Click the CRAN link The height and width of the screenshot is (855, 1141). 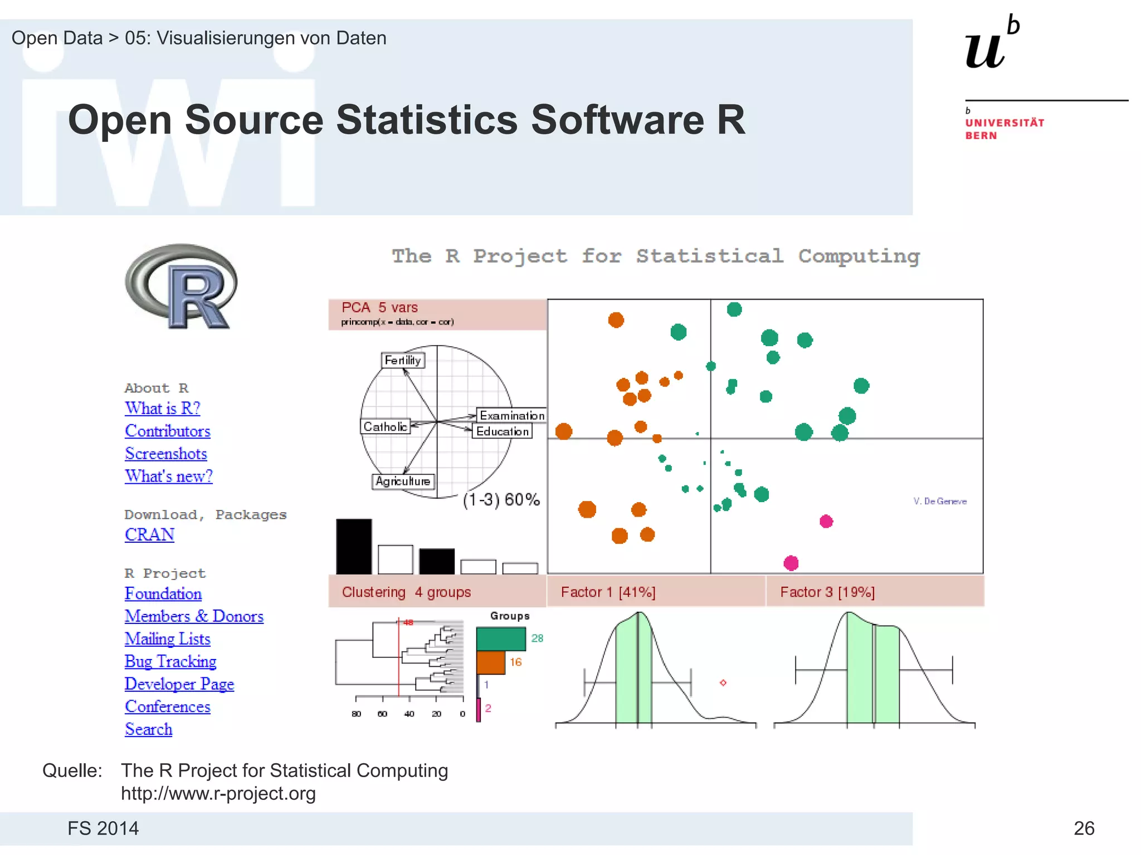click(149, 535)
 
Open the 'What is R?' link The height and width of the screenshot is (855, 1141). click(162, 409)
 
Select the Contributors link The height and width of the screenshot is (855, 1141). click(167, 431)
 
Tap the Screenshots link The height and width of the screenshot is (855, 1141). click(165, 454)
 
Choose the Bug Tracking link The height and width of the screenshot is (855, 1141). click(170, 662)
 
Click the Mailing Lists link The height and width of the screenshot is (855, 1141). click(167, 639)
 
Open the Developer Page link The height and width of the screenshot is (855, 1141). click(179, 684)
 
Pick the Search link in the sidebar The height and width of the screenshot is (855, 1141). click(148, 729)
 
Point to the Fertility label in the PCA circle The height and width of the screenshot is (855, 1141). click(403, 360)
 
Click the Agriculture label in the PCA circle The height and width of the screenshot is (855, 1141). click(403, 481)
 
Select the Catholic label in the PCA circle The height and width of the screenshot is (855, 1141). click(385, 426)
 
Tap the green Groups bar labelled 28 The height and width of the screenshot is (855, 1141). click(501, 639)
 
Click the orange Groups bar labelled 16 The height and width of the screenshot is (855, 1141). click(490, 662)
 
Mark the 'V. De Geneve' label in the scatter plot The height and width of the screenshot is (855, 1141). click(940, 502)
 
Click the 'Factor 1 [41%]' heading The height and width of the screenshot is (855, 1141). click(608, 592)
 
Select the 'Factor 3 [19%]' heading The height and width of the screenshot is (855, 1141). click(827, 592)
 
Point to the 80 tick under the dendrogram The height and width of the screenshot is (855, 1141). click(357, 714)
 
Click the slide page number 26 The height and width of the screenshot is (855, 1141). click(1084, 828)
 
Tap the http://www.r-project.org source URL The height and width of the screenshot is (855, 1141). click(218, 794)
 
